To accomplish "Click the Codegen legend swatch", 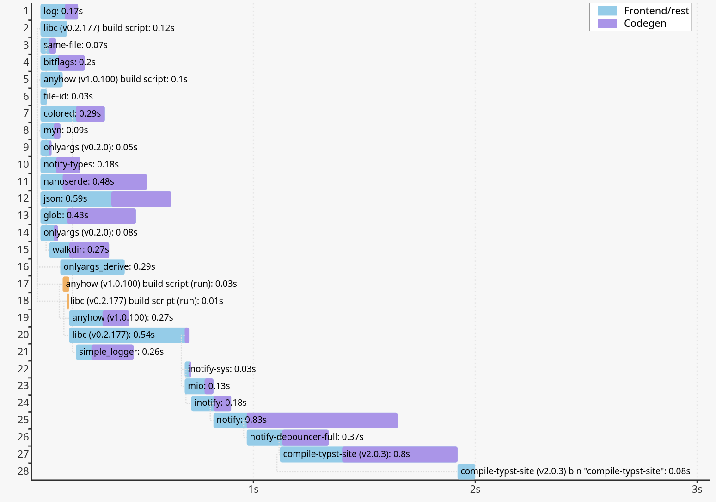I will (607, 24).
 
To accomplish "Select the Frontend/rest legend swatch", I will (607, 11).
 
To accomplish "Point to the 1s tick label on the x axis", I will (253, 490).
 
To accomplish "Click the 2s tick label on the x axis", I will (475, 490).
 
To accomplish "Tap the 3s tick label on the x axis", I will (697, 490).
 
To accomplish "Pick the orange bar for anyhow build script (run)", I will (66, 284).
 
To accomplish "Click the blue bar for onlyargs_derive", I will (92, 267).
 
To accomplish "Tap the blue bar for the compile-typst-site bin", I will (466, 471).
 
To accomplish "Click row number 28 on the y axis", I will (23, 471).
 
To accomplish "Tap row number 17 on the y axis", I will (23, 284).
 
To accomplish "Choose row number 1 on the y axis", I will (26, 11).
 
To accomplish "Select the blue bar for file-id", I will (43, 97).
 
